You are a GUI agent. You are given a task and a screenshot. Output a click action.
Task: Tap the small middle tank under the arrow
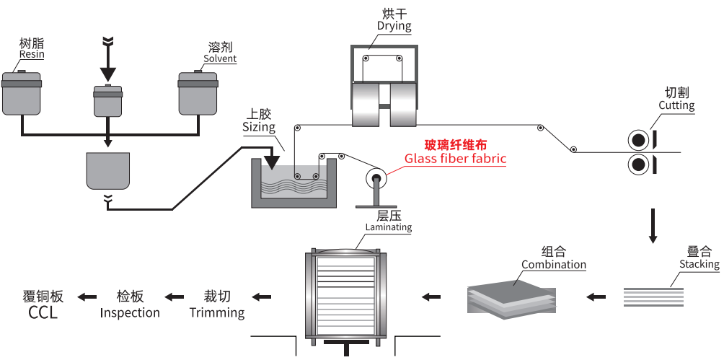[x=109, y=100]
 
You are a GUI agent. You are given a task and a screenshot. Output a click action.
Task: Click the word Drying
[x=394, y=26]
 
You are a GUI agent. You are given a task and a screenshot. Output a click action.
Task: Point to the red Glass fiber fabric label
[x=455, y=159]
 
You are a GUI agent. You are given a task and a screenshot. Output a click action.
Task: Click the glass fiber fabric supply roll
[x=375, y=177]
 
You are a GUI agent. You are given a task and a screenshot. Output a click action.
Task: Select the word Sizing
[x=259, y=128]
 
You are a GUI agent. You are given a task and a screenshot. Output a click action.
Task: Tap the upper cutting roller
[x=638, y=139]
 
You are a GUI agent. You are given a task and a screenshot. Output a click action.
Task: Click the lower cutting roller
[x=638, y=165]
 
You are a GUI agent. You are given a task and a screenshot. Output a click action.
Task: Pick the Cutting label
[x=676, y=105]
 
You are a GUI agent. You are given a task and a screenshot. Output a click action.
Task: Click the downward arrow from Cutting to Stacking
[x=653, y=225]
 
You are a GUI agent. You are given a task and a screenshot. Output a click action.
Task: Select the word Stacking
[x=699, y=264]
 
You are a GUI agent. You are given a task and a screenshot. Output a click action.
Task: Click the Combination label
[x=554, y=264]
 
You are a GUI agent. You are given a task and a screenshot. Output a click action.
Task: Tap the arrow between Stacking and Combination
[x=595, y=296]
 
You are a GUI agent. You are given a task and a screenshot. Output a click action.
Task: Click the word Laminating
[x=388, y=227]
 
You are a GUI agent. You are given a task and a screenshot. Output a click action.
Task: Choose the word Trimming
[x=217, y=312]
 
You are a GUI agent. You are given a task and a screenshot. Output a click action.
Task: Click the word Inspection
[x=130, y=312]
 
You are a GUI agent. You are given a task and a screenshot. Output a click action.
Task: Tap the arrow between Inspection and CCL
[x=87, y=296]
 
